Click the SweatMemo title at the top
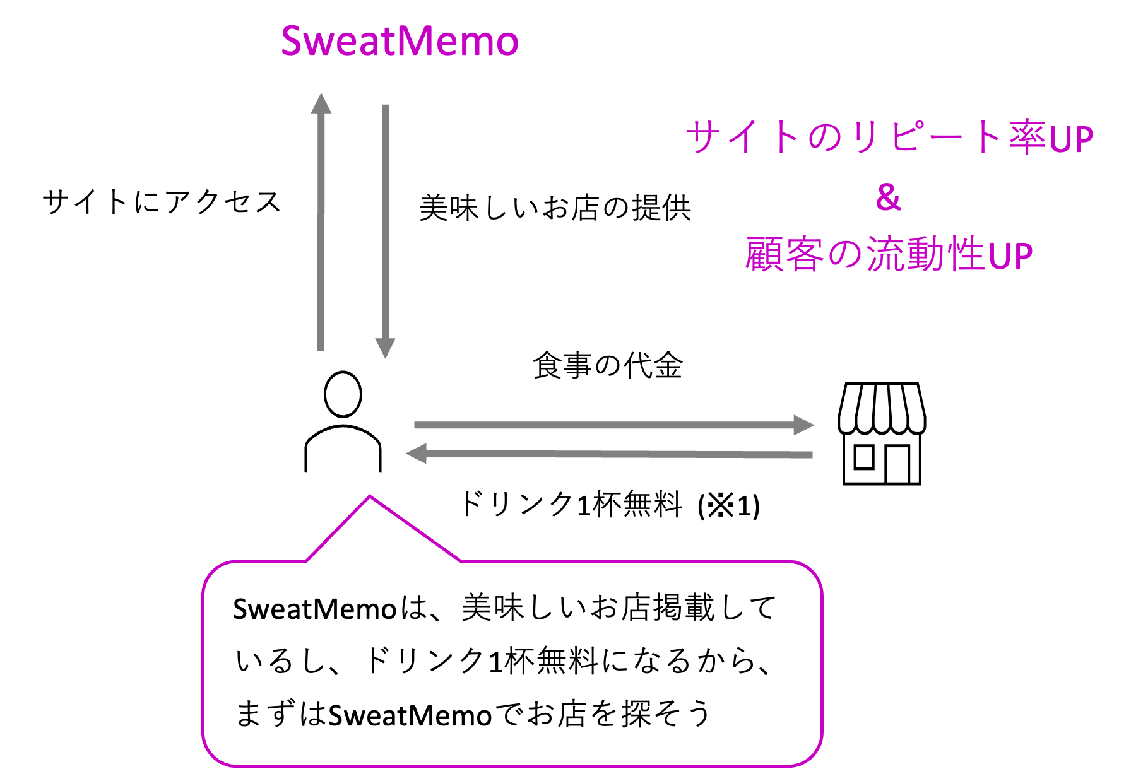point(400,42)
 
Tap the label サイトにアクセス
point(162,203)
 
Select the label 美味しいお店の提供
point(555,209)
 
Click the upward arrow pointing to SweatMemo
point(321,221)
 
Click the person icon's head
point(343,394)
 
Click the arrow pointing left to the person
point(608,454)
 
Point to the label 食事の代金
point(607,367)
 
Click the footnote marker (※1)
point(729,506)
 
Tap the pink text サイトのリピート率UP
point(889,138)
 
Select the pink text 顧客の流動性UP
point(889,255)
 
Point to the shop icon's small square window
point(863,459)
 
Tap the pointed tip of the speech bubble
point(370,498)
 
